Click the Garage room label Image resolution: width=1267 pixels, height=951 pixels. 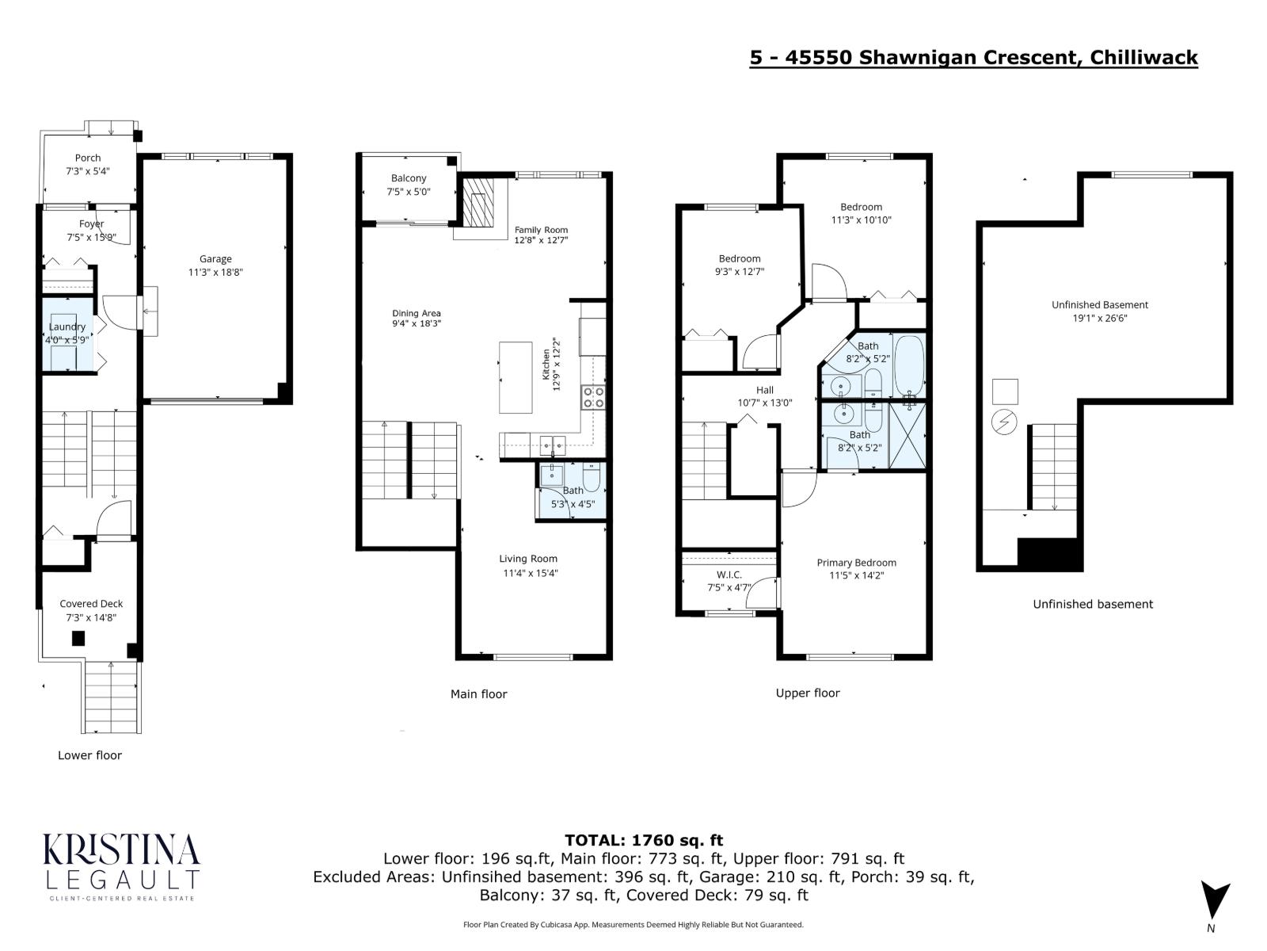(x=215, y=259)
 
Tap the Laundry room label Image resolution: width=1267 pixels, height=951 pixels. (x=67, y=327)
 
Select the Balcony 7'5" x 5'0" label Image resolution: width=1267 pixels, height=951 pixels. (x=409, y=185)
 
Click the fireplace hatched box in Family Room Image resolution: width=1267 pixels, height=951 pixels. (x=478, y=201)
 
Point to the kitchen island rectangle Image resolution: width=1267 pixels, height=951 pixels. (x=516, y=377)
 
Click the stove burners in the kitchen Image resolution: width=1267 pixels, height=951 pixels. (x=594, y=397)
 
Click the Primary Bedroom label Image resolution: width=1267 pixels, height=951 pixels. (x=857, y=563)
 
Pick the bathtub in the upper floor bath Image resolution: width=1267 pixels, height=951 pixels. (x=909, y=366)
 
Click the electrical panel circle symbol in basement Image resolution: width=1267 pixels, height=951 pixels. (x=1005, y=422)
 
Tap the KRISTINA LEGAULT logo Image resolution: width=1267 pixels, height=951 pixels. (x=121, y=865)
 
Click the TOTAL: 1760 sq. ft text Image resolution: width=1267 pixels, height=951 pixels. (x=643, y=840)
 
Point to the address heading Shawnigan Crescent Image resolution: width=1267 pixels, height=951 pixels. (x=973, y=58)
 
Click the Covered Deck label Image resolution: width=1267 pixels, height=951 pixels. (x=91, y=604)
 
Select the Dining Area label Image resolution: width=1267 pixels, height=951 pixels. (x=417, y=314)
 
